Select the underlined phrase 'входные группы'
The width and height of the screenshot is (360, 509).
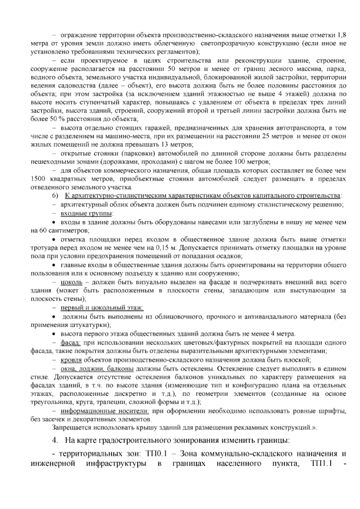coord(86,214)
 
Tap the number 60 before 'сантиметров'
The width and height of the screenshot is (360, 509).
coord(43,231)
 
